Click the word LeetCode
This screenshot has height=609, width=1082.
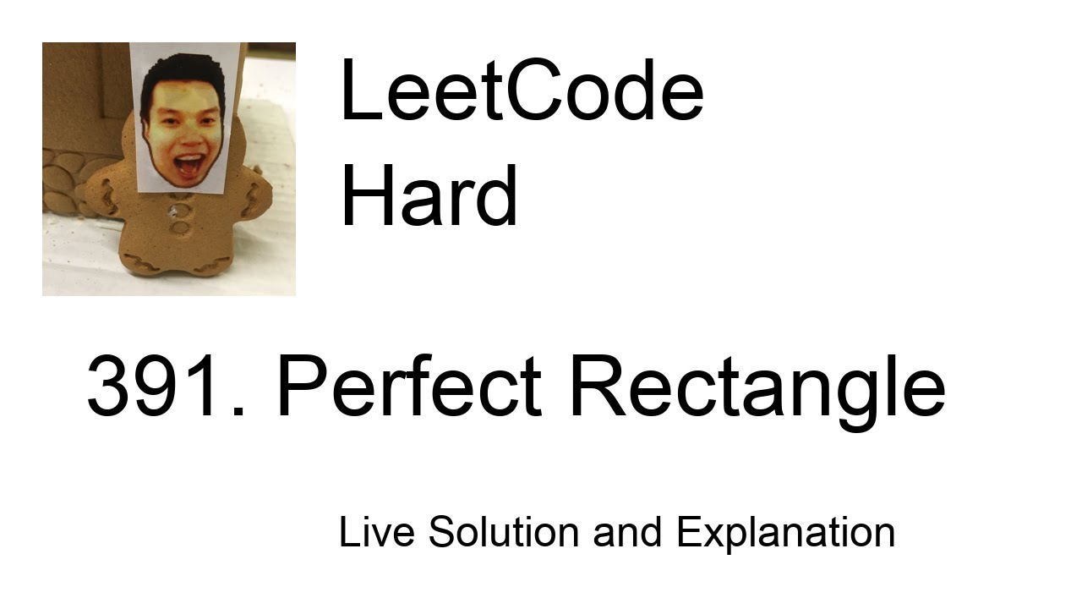click(x=522, y=92)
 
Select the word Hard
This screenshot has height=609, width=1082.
click(x=429, y=196)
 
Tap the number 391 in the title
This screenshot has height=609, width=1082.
click(x=156, y=387)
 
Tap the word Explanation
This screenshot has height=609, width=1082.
click(x=785, y=534)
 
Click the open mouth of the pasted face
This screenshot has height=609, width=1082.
click(x=188, y=162)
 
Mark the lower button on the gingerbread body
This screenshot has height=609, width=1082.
click(x=179, y=227)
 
